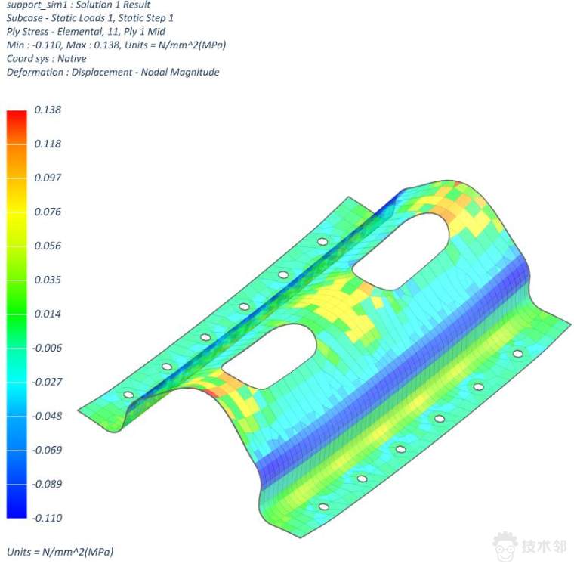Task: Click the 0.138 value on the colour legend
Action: [x=48, y=110]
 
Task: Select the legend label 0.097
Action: [x=48, y=178]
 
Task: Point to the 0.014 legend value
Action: [x=48, y=314]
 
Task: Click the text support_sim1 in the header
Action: [x=34, y=5]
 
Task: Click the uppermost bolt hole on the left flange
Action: [x=322, y=242]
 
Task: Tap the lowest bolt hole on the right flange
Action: [x=323, y=506]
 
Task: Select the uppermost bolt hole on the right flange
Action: [x=517, y=353]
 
